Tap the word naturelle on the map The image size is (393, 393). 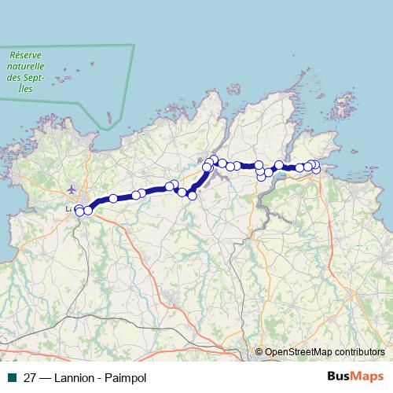point(25,67)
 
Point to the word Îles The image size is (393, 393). point(26,89)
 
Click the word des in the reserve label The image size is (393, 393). point(12,78)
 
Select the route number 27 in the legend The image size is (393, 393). point(29,376)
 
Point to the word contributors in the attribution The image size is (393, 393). point(358,353)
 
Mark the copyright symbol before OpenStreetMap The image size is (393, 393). point(259,353)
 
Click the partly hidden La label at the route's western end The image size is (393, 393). point(69,209)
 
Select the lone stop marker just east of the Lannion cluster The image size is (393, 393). point(113,199)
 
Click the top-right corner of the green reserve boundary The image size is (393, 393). point(134,45)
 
